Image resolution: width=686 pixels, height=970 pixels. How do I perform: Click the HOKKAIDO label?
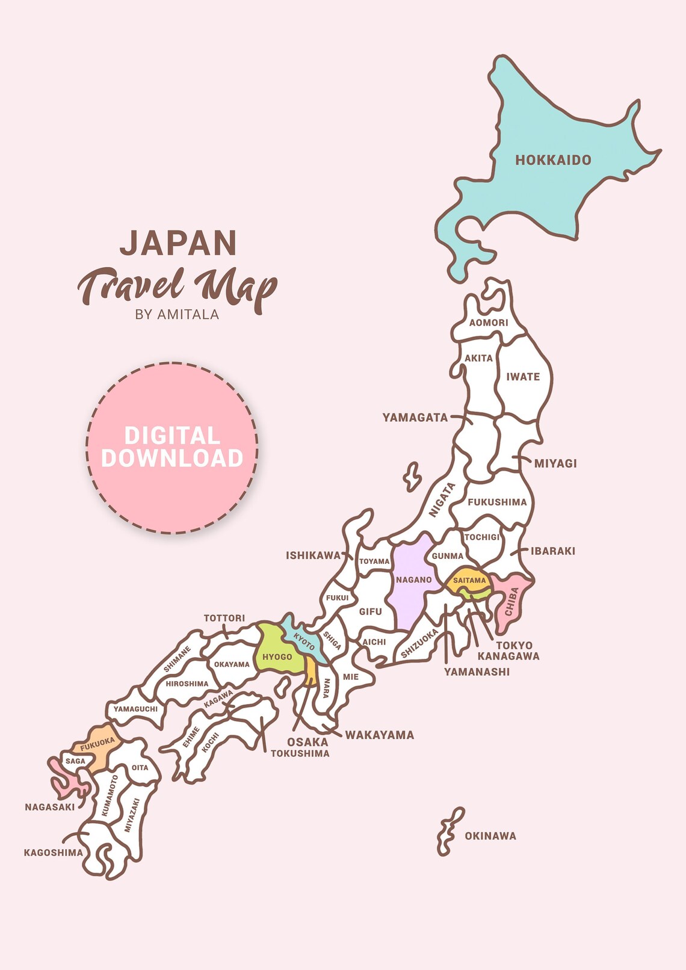(553, 160)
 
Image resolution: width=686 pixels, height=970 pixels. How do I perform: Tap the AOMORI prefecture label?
(489, 323)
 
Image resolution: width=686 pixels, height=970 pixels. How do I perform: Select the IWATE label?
(523, 377)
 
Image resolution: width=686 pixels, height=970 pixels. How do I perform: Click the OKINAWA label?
(490, 836)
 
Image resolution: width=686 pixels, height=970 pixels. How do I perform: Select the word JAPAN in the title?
(178, 242)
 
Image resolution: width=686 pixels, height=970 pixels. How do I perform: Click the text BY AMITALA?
(177, 314)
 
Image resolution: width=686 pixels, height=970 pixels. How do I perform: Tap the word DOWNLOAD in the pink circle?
(172, 459)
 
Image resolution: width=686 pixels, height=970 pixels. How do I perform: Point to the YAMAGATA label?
(415, 418)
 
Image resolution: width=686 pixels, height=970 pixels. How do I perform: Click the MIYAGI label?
(555, 463)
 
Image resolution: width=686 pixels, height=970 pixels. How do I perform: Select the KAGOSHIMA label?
(54, 853)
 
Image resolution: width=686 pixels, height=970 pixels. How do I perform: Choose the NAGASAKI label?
(50, 807)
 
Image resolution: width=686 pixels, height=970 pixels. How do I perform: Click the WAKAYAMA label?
(380, 735)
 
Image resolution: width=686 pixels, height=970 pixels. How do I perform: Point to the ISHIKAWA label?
(313, 555)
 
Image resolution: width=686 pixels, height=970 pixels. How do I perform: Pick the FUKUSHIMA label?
(497, 502)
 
